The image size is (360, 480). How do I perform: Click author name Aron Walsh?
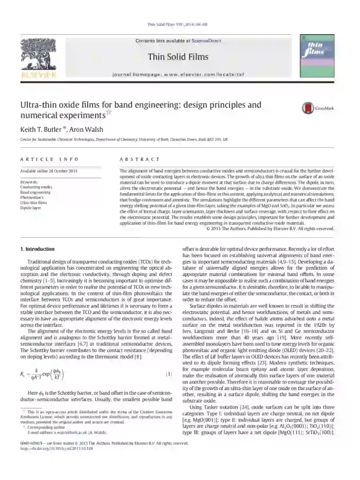[x=86, y=129]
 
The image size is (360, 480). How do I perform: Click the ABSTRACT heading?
[x=139, y=159]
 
